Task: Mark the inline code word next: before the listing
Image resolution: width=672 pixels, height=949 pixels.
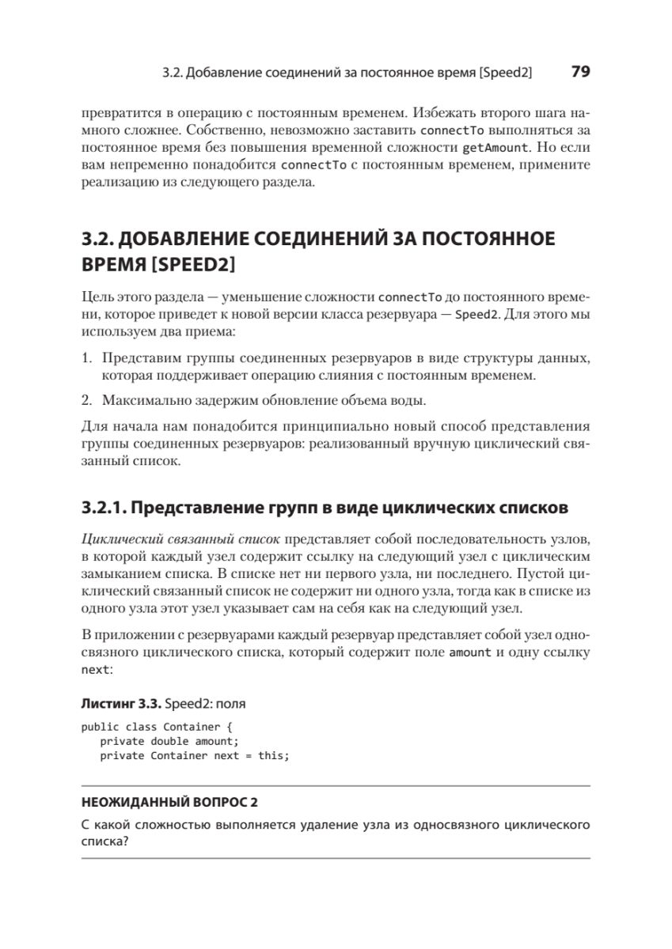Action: click(x=97, y=669)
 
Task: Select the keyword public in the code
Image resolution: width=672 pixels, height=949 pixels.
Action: click(x=100, y=726)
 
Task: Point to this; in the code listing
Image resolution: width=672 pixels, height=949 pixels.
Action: click(x=275, y=755)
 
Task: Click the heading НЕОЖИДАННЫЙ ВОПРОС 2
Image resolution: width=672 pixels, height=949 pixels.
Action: click(x=170, y=803)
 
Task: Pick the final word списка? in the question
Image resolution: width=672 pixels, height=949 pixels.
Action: click(x=106, y=842)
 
